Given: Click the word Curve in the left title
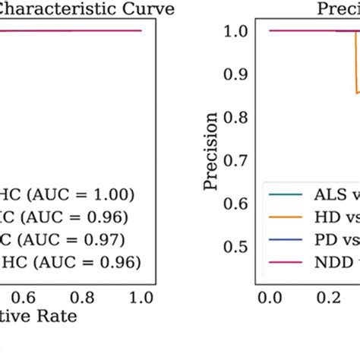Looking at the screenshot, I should [149, 9].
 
